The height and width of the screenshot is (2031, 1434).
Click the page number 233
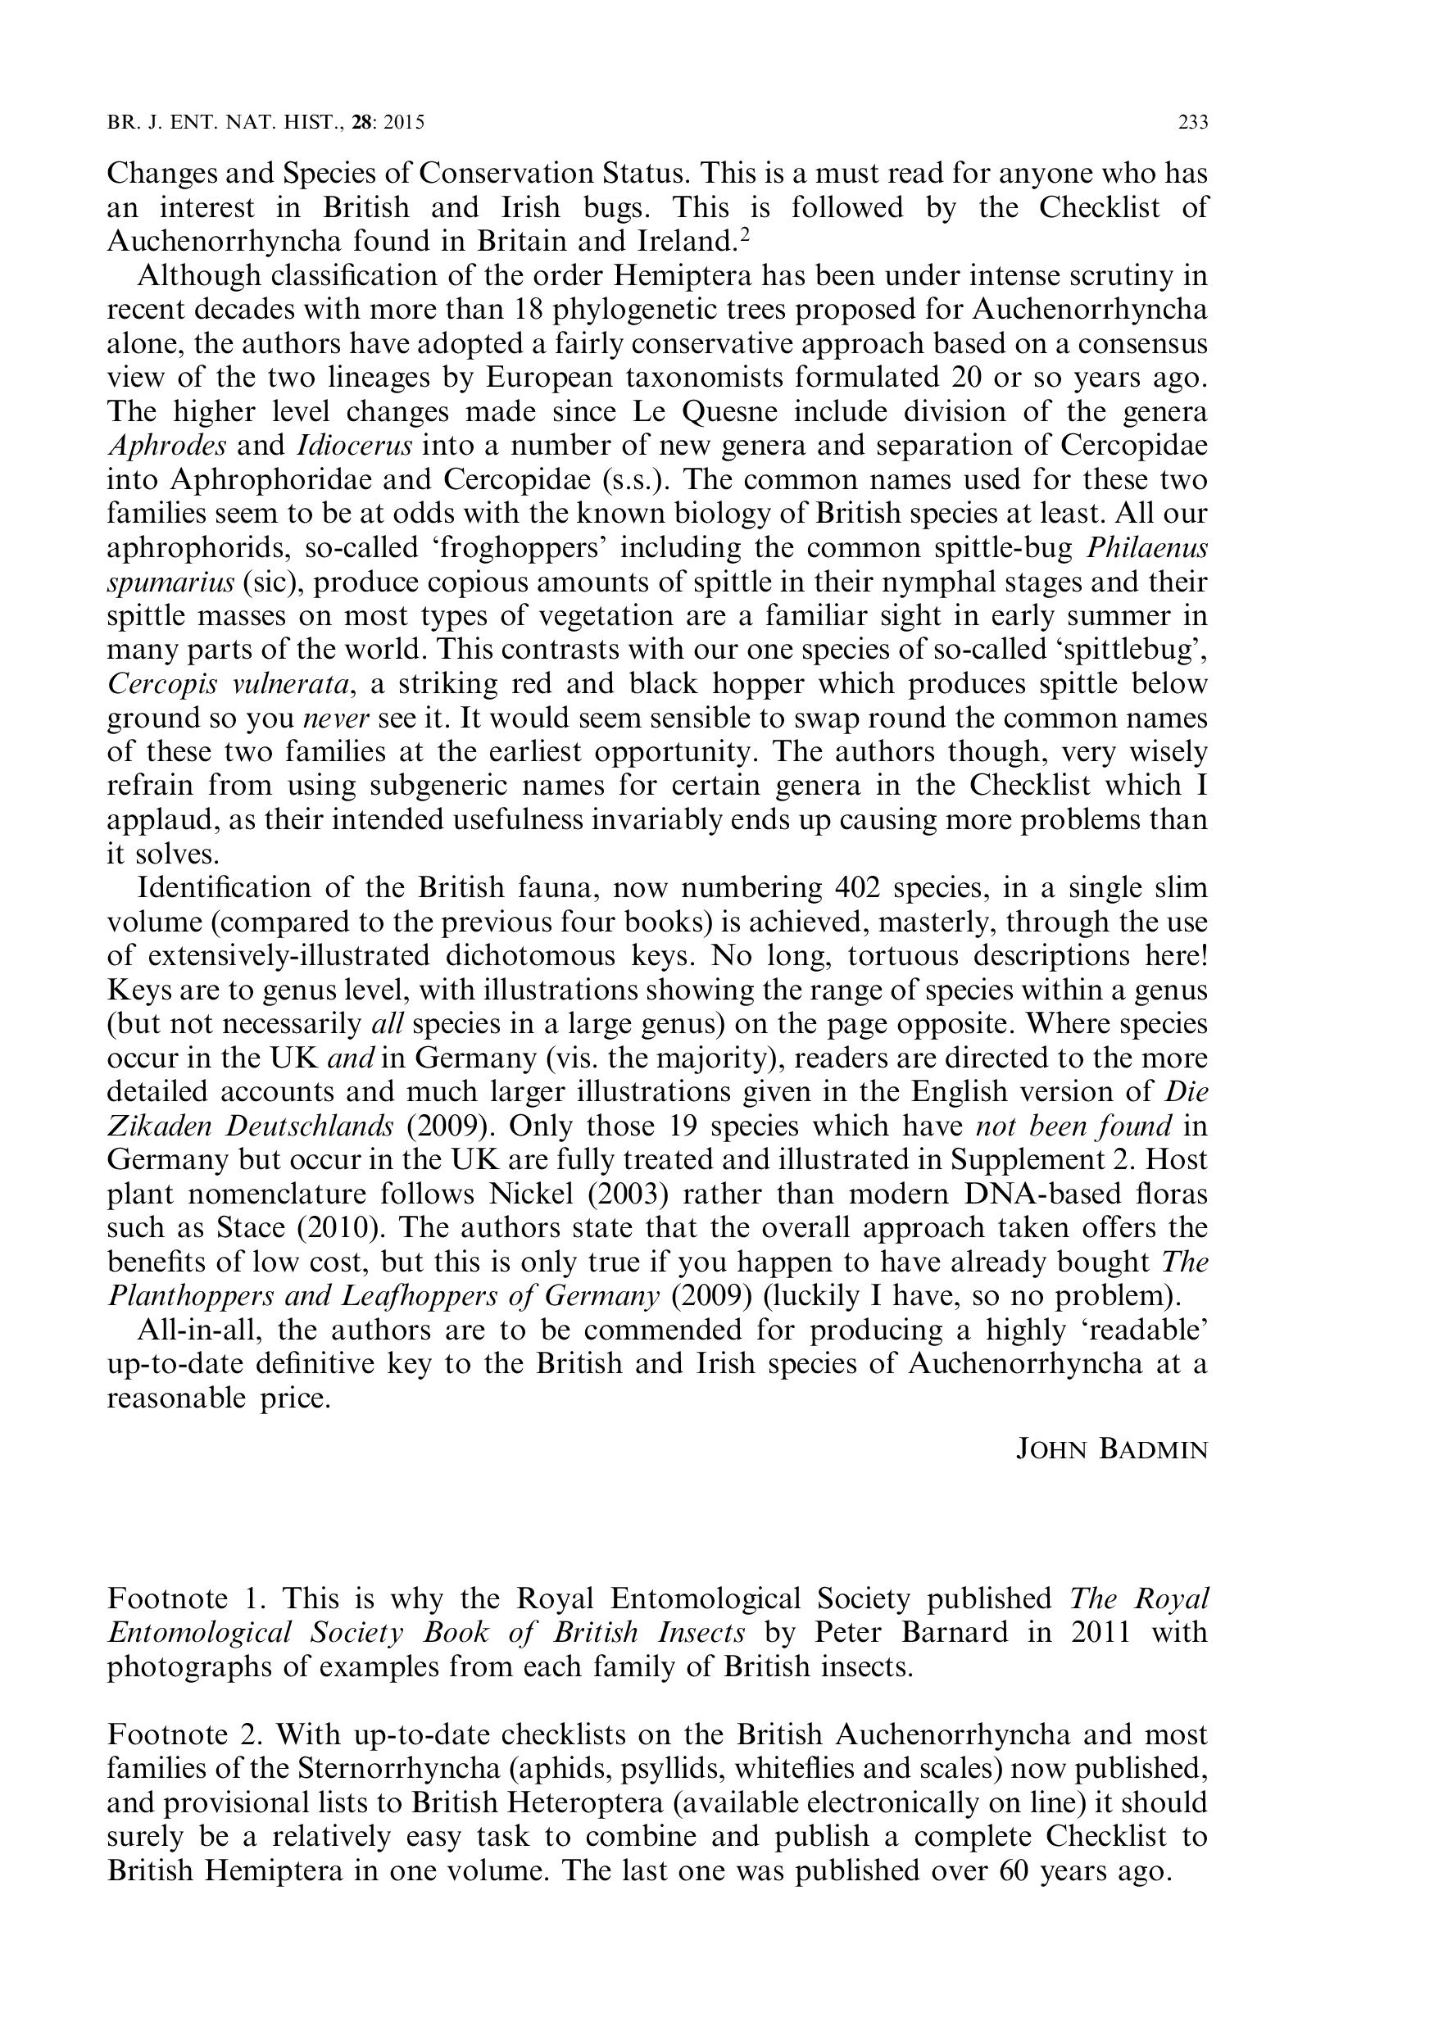tap(1193, 123)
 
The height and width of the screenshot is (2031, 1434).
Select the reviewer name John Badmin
tap(1111, 1450)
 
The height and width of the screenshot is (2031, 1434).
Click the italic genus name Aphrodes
tap(166, 445)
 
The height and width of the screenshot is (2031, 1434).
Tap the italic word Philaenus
tap(1146, 547)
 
